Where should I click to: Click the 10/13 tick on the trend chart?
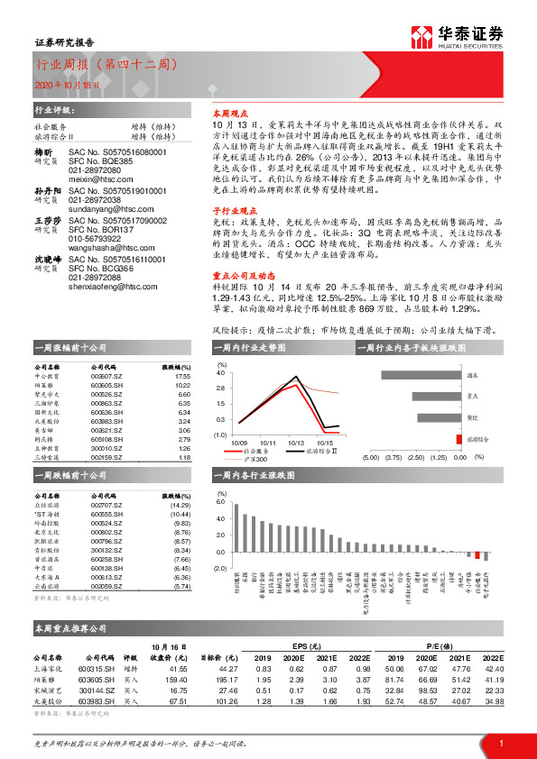pos(296,443)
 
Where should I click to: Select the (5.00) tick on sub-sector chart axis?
pos(371,457)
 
